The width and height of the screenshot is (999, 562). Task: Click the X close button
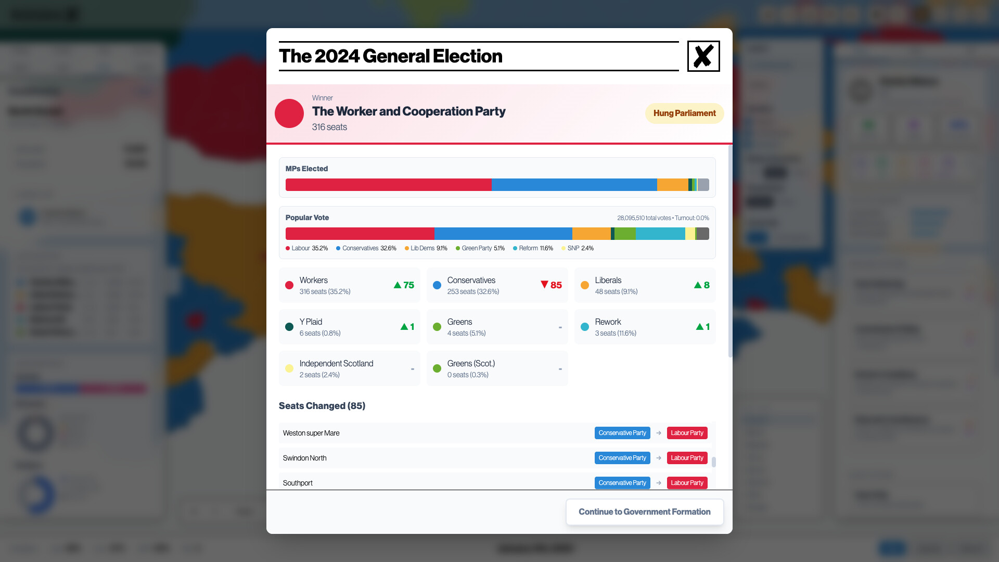click(703, 56)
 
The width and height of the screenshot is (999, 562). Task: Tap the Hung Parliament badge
click(684, 113)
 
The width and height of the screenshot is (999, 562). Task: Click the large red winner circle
click(289, 113)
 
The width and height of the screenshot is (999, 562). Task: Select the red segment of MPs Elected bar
click(388, 185)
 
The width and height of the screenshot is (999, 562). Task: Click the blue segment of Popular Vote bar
click(503, 234)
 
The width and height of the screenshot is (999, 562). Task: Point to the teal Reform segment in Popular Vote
click(660, 234)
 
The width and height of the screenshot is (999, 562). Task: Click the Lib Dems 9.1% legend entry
click(426, 248)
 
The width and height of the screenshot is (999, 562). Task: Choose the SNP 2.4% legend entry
click(578, 248)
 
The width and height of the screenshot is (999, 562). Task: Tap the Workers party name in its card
click(313, 280)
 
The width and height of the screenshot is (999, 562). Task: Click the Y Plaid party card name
click(311, 322)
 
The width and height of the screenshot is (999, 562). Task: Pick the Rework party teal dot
click(585, 327)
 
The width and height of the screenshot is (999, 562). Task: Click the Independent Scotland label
click(336, 363)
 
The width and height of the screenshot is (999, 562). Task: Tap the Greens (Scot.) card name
click(471, 363)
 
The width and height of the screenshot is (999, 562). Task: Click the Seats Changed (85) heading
click(322, 406)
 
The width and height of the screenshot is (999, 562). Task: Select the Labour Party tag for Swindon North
click(687, 458)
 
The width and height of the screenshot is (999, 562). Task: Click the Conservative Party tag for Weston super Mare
click(622, 433)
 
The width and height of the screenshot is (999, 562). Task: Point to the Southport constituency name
click(298, 483)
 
